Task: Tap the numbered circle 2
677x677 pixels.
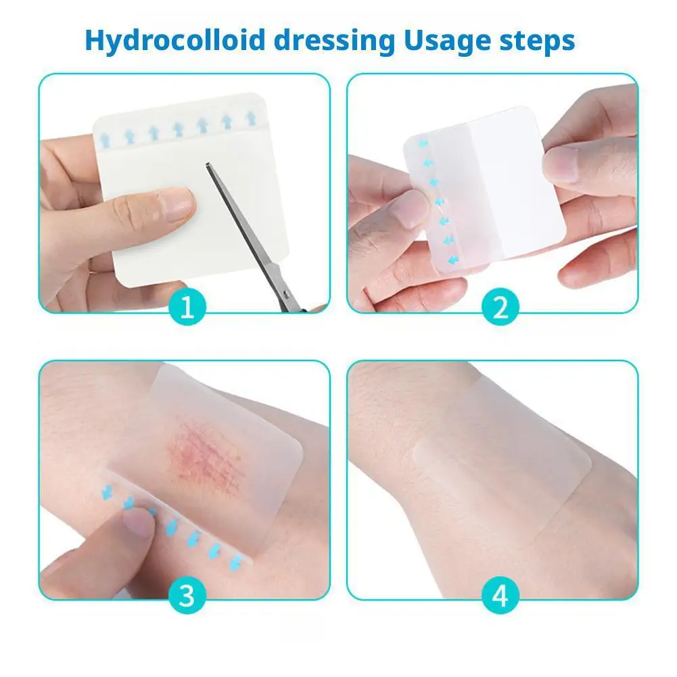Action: [x=500, y=309]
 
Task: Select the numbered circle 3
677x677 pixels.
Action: [x=187, y=596]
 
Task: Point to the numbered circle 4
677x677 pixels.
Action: [x=500, y=596]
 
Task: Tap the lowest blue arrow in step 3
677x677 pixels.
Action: [x=237, y=561]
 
